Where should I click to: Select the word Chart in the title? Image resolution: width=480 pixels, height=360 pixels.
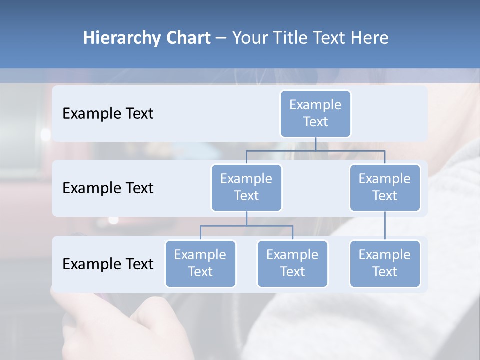click(x=186, y=38)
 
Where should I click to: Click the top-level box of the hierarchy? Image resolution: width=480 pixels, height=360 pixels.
click(x=315, y=113)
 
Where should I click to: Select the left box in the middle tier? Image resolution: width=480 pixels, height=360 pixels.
click(x=246, y=187)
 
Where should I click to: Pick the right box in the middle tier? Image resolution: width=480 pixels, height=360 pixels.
click(x=385, y=187)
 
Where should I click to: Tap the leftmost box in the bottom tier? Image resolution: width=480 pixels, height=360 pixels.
click(x=200, y=263)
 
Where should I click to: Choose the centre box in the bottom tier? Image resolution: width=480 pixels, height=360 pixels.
click(x=292, y=263)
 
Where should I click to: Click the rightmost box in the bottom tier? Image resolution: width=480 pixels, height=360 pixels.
click(x=385, y=263)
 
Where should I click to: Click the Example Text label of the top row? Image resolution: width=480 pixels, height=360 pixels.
click(x=108, y=114)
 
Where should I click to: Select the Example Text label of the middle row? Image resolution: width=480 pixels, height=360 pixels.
click(x=108, y=188)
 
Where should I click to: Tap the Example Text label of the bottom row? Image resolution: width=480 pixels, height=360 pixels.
click(x=108, y=264)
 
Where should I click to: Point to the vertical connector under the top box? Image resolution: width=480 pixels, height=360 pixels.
click(x=315, y=144)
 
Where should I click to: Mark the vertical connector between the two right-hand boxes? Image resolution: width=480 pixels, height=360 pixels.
click(x=385, y=225)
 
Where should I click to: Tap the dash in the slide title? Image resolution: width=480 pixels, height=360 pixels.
click(x=221, y=38)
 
